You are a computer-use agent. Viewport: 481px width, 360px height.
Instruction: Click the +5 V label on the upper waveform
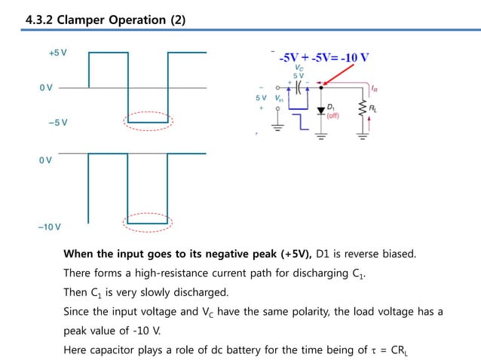[x=58, y=53]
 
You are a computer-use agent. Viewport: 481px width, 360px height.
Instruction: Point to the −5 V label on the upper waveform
[x=58, y=122]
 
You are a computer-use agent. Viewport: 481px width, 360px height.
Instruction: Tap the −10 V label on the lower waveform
[x=50, y=227]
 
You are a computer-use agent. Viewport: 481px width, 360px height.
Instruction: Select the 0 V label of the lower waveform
[x=46, y=160]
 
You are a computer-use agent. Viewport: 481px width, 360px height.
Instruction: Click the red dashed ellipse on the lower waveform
[x=149, y=221]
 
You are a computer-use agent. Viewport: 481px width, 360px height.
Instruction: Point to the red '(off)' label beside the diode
[x=332, y=116]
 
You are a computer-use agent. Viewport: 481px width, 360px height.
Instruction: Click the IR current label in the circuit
[x=375, y=88]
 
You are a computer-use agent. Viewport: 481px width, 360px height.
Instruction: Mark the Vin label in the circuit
[x=280, y=98]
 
